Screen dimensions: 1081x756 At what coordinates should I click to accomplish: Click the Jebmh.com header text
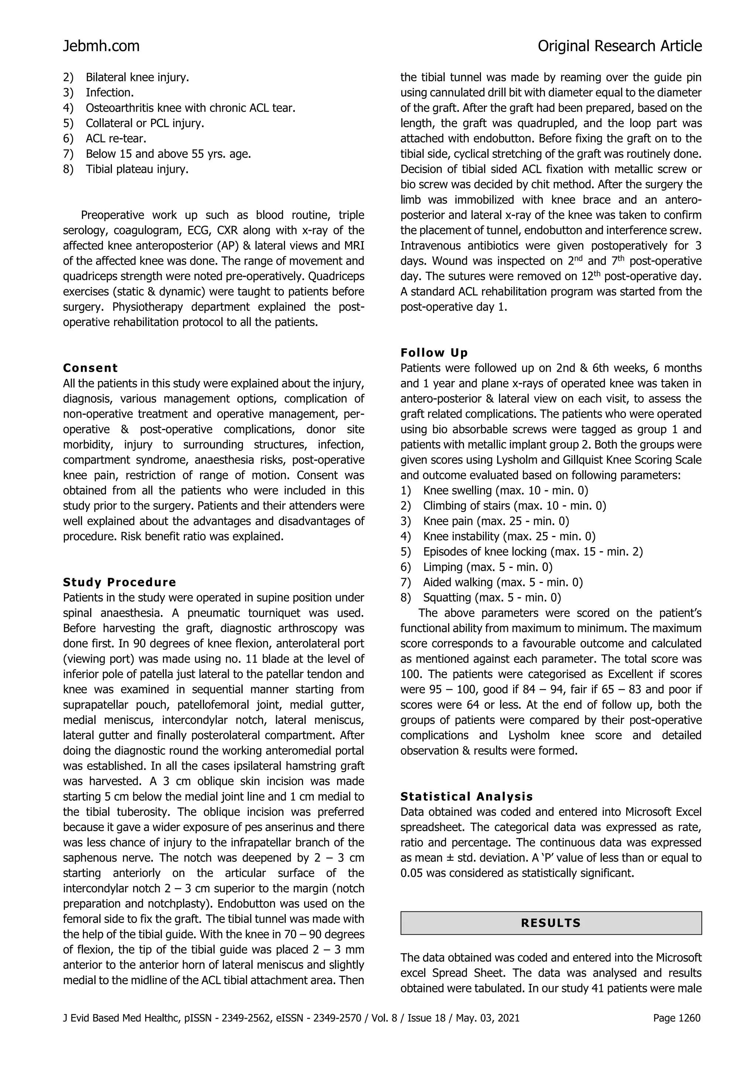point(101,46)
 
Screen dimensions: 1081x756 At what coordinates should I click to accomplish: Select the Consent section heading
point(90,368)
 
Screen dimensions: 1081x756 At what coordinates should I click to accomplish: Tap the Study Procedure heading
point(120,582)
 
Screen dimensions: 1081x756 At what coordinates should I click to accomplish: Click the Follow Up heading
point(434,353)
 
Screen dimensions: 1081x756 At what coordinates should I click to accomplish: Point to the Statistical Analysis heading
point(466,797)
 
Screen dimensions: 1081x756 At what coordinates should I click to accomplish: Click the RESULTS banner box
point(550,923)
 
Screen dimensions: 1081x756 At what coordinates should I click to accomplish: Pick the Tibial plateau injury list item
point(137,169)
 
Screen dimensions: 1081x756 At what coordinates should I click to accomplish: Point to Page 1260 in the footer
point(677,1019)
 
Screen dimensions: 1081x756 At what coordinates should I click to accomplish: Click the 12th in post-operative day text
point(608,276)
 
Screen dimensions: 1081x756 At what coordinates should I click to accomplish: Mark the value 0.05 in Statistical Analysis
point(411,873)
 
